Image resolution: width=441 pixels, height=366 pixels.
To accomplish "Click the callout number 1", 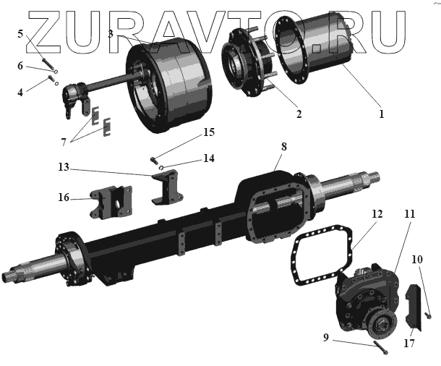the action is click(x=382, y=114).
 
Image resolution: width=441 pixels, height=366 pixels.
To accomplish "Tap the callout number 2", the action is click(x=299, y=114).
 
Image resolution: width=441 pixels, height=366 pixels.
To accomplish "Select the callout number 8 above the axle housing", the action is click(x=284, y=147).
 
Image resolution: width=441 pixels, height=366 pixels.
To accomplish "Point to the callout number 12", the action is click(x=377, y=214).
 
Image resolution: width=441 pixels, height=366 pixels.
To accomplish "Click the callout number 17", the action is click(x=409, y=343).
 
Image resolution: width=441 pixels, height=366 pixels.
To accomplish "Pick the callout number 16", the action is click(x=64, y=197).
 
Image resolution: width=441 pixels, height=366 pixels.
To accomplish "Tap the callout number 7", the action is click(x=64, y=142).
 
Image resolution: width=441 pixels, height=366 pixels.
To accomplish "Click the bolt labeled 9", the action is click(x=380, y=348).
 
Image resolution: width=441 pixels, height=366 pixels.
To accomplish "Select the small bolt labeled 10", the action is click(x=429, y=316).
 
